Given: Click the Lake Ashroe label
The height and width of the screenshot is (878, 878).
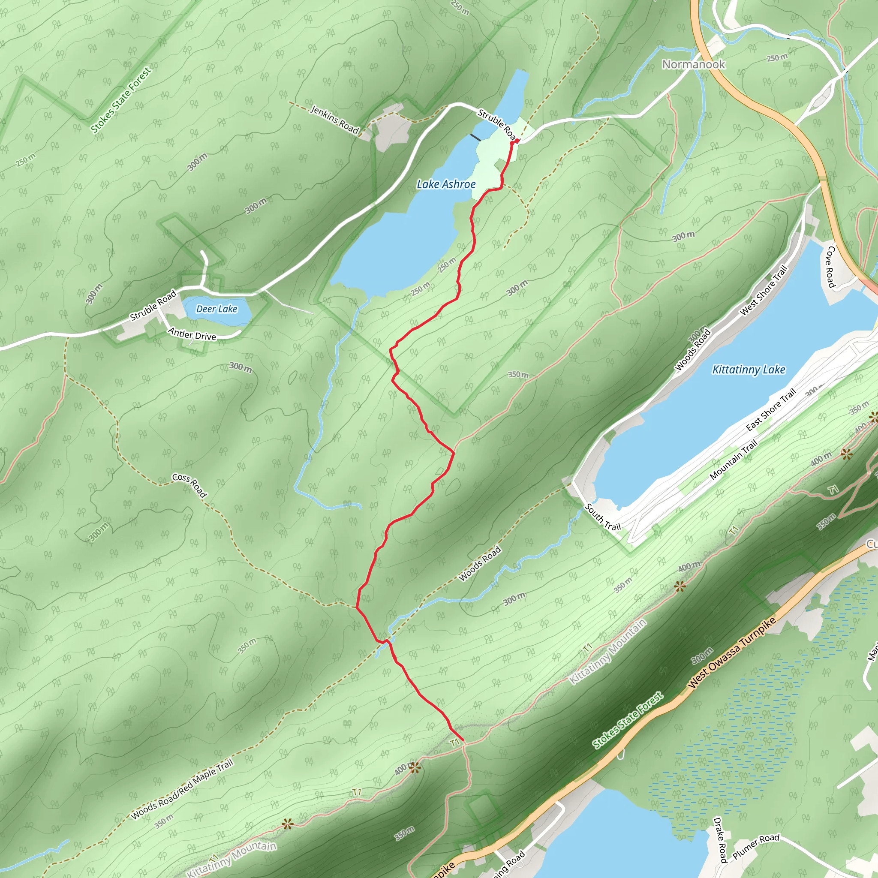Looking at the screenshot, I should coord(446,184).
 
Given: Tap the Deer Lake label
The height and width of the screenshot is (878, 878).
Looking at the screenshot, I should coord(217,309).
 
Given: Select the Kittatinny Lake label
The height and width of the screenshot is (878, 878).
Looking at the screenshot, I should coord(749,370).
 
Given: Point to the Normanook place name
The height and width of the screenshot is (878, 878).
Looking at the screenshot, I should coord(693,65).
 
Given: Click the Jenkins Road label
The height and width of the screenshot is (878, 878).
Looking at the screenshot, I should coord(334,120).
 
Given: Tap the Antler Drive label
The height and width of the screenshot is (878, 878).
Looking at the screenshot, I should coord(192,334).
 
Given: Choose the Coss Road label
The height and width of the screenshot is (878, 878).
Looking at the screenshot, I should coord(189,485).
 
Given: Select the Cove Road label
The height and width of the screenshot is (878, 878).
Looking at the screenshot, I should coord(830,267).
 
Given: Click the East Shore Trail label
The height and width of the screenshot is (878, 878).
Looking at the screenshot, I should coord(771,409).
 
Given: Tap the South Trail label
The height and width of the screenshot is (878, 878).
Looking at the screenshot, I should coord(603,517).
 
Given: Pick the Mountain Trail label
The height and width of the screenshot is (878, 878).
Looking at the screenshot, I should coord(734,460).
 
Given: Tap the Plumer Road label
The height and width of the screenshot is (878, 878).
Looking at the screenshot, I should coord(756,846).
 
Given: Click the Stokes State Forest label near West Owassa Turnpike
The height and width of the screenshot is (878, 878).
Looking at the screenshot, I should coord(628,720).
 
